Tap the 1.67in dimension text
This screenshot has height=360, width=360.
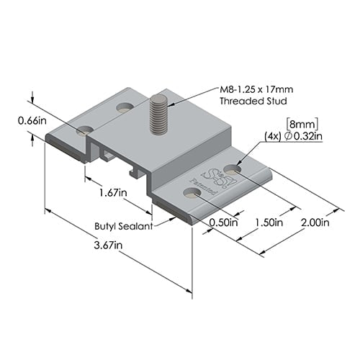tap(114, 193)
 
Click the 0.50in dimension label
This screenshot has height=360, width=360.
tap(223, 222)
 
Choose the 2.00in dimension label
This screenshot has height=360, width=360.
tap(315, 222)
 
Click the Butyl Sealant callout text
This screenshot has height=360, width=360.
tap(123, 226)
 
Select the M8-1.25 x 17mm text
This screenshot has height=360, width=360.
tap(257, 90)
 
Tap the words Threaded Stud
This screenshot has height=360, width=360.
tap(248, 102)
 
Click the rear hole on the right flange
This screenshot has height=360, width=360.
tap(233, 168)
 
